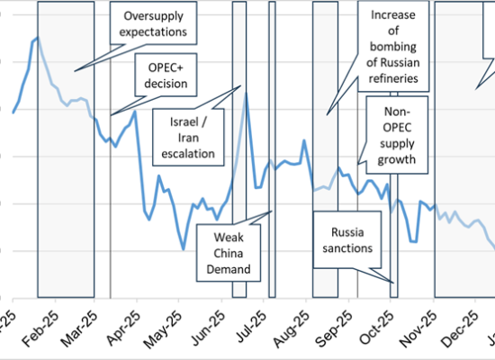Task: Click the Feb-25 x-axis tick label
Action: coord(42,326)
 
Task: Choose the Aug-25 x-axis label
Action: coord(297,326)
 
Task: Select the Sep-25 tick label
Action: coord(340,326)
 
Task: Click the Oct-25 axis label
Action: coord(382,326)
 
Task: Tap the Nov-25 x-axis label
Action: coord(425,326)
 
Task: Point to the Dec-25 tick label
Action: coord(467,326)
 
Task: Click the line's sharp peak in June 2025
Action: coord(246,93)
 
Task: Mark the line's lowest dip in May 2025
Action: coord(184,249)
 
